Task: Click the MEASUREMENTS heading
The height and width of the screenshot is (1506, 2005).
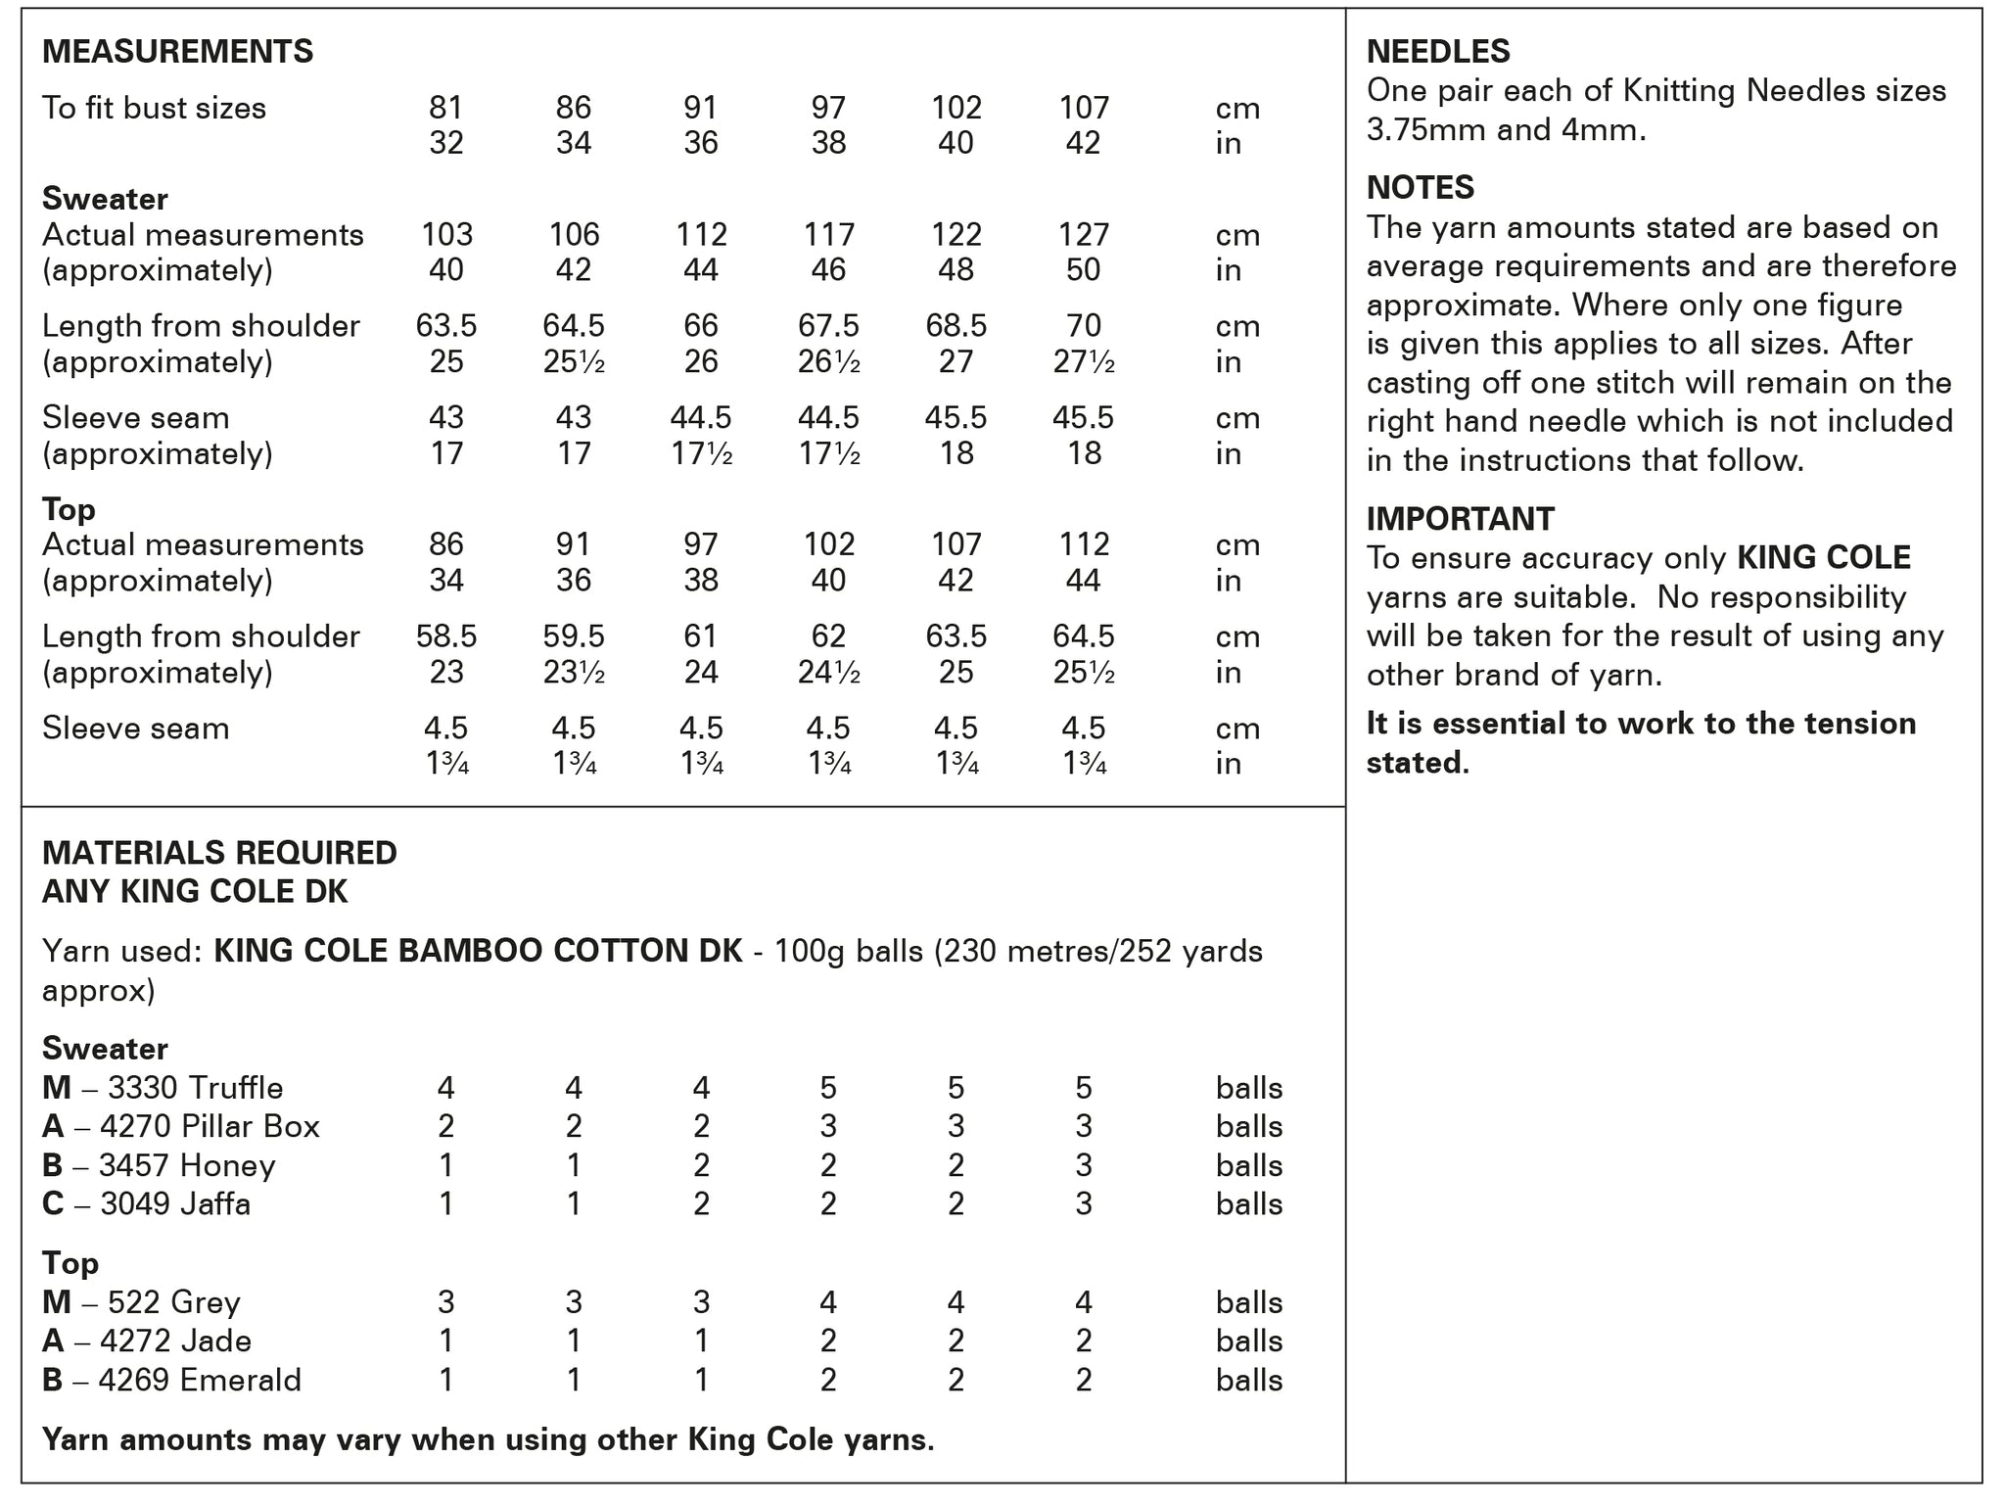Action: [177, 51]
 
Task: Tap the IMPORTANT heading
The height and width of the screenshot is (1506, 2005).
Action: [1460, 518]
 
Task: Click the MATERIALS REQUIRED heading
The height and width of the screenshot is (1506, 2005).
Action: [219, 853]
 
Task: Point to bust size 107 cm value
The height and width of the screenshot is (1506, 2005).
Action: [1084, 108]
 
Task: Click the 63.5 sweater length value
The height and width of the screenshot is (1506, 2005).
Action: [446, 326]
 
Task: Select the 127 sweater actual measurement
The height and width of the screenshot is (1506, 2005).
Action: [1084, 235]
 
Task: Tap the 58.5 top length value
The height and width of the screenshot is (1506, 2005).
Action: [446, 636]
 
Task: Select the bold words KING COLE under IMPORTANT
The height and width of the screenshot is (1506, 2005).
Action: [1823, 558]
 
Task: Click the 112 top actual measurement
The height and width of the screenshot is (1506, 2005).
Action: [1084, 544]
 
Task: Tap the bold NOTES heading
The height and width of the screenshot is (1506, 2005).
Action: [1420, 187]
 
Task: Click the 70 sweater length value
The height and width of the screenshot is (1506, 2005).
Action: [1084, 326]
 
